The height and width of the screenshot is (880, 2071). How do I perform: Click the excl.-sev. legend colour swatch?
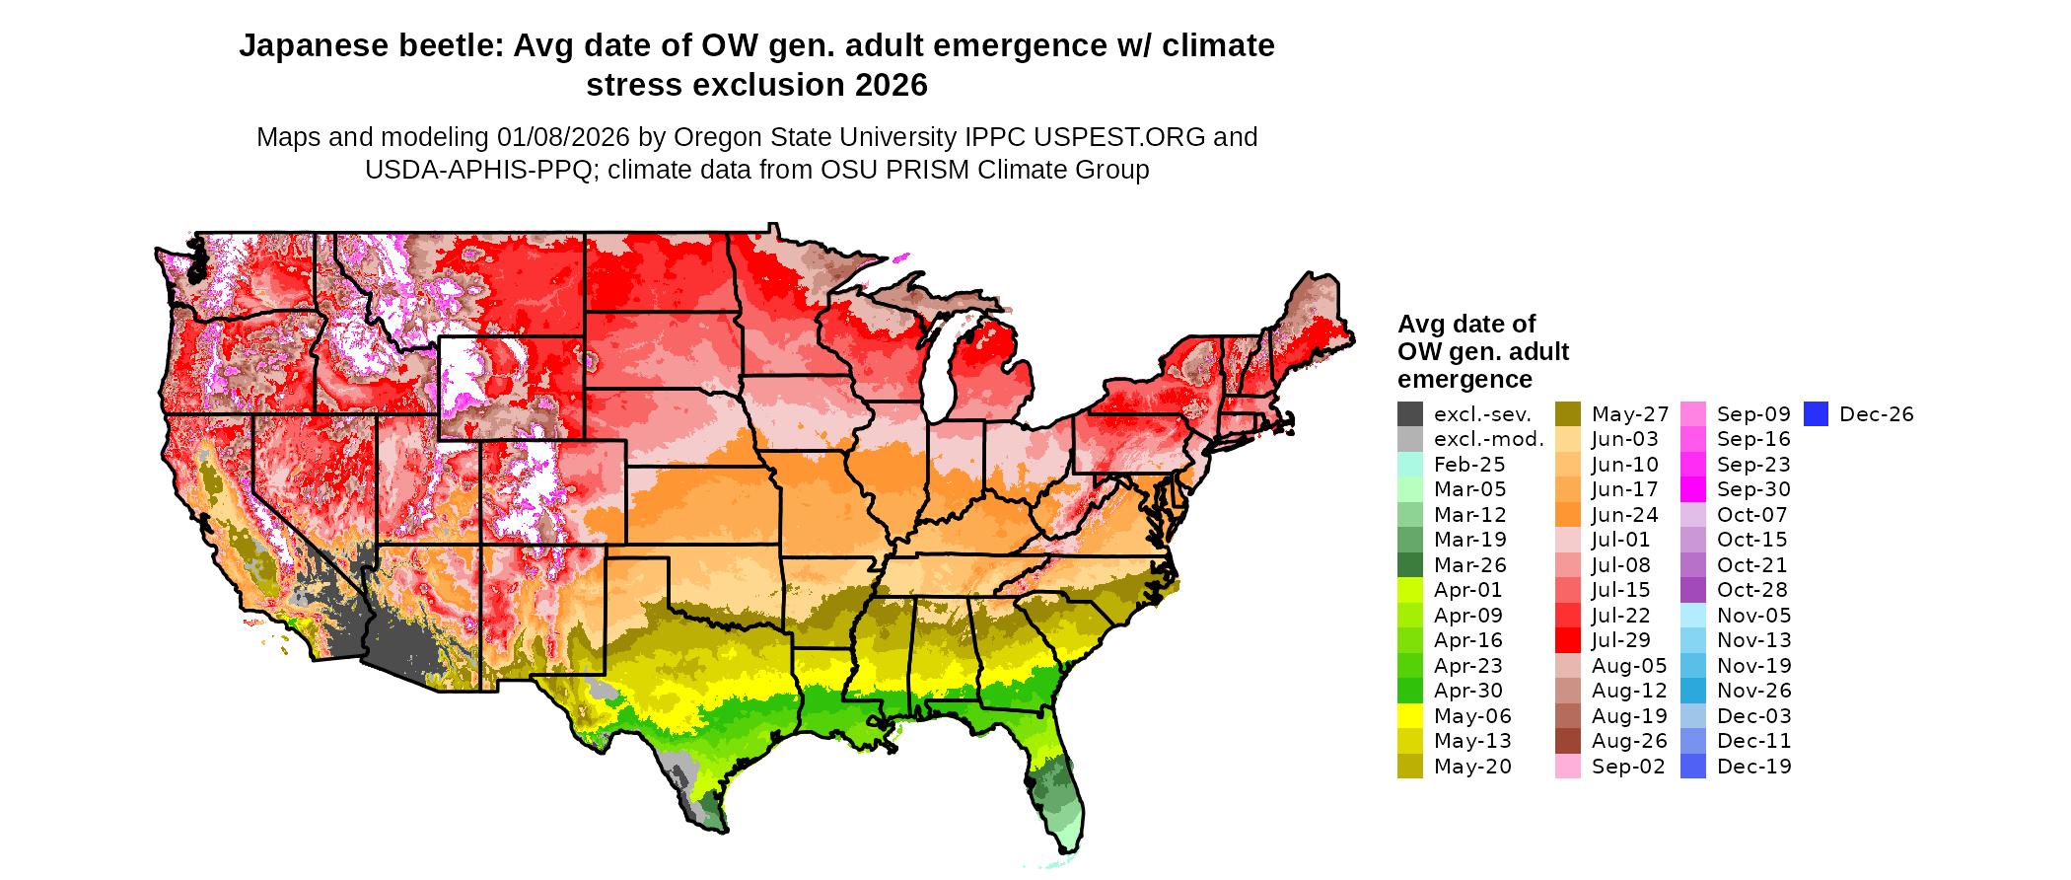coord(1410,414)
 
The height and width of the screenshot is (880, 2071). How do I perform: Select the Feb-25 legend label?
coord(1469,465)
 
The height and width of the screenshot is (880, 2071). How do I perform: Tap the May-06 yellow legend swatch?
coord(1410,716)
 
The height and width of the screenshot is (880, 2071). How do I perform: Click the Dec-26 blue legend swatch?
coord(1817,414)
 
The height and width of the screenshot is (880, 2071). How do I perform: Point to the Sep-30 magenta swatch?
coord(1693,489)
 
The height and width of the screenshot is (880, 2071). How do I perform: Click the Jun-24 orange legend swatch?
coord(1568,515)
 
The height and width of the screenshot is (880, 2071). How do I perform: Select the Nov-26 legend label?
coord(1753,691)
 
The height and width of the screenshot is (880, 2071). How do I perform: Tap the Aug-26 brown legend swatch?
coord(1568,741)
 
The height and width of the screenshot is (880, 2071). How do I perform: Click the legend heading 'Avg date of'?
coord(1466,324)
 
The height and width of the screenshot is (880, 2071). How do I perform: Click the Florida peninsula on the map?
coord(1060,789)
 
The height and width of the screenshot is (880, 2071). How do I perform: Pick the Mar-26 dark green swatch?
coord(1410,565)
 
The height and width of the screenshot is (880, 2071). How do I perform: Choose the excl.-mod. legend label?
coord(1488,439)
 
